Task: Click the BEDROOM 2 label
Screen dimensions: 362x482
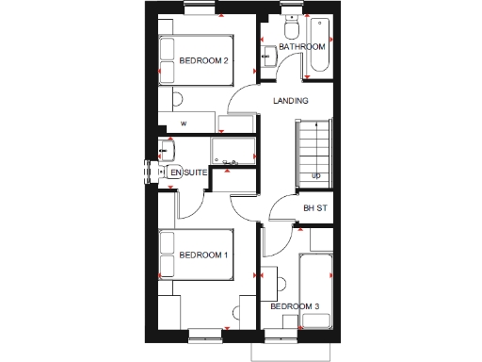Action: pos(204,62)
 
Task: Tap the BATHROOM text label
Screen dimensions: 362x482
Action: pos(301,47)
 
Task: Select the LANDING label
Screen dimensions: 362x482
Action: pos(290,101)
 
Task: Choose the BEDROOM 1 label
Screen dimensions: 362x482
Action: pos(204,255)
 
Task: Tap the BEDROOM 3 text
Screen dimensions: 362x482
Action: pos(295,306)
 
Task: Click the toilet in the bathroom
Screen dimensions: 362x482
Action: pos(290,21)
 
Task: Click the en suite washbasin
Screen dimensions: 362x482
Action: pos(168,151)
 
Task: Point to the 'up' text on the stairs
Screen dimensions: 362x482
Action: pos(316,176)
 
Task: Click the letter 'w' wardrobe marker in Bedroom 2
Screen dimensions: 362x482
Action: pos(184,123)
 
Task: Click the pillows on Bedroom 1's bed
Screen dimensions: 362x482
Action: pos(169,255)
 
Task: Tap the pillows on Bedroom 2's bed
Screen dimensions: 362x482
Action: pos(169,62)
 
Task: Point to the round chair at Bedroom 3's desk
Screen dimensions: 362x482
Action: pos(281,283)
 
